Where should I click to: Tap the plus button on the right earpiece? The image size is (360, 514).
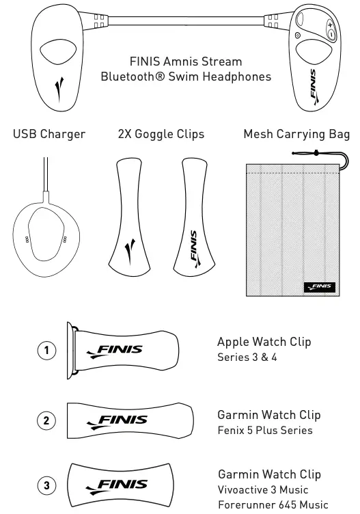pos(331,25)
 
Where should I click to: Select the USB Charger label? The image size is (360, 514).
pos(49,134)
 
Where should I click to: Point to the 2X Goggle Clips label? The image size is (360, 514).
pos(161,134)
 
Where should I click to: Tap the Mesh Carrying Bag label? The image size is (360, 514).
pos(296,134)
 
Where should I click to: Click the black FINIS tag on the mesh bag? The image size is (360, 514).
pos(319,286)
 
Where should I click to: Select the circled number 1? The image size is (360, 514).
pos(46,351)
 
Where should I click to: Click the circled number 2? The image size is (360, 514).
pos(46,420)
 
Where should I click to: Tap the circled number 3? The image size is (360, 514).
pos(46,486)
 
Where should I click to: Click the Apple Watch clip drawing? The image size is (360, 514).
pos(122,351)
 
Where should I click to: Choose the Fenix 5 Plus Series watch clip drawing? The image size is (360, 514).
pos(124,420)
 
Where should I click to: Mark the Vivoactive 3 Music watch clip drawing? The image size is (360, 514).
pos(123,486)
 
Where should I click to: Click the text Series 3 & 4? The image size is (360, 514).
pos(247,357)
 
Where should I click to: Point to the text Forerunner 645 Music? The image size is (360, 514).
pos(273,505)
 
